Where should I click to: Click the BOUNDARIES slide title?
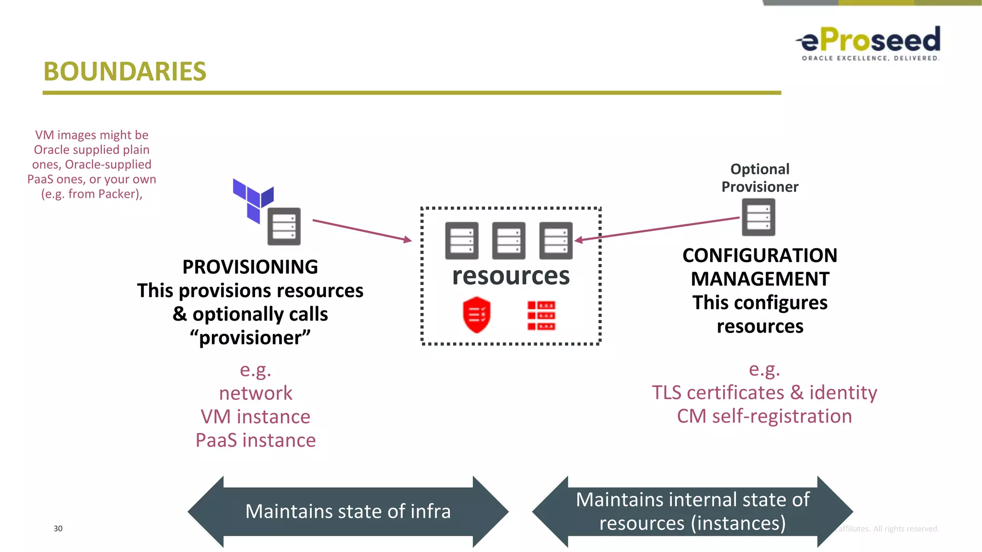125,72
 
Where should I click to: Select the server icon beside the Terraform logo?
284,226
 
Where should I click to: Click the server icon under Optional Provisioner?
759,217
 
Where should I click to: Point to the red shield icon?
477,315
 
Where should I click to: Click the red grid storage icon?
541,315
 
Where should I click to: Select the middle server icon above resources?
509,241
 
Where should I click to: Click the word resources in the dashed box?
511,276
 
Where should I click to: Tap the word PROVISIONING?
250,267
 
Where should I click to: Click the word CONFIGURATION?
760,255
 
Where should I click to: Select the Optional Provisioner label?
760,178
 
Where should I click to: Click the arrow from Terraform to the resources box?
360,230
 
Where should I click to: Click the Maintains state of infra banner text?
348,511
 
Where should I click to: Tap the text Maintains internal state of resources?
692,511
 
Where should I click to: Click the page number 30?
58,529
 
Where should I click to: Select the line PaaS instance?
256,440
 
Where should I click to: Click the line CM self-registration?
764,416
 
